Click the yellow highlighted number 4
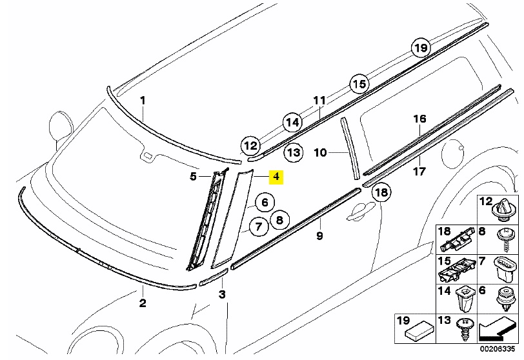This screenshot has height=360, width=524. [x=276, y=176]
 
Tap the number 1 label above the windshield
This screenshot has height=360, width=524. [x=143, y=101]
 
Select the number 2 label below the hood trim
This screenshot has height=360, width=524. [x=143, y=303]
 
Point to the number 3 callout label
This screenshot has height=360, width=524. [x=221, y=294]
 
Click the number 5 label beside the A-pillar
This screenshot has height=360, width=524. [x=193, y=175]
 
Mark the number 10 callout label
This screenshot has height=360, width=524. [x=319, y=153]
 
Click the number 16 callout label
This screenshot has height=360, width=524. [x=419, y=119]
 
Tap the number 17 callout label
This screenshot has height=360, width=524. [x=419, y=172]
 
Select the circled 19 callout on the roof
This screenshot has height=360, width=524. [x=421, y=48]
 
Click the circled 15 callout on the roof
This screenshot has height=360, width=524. [x=359, y=84]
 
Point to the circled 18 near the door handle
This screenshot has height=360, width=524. [x=381, y=192]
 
